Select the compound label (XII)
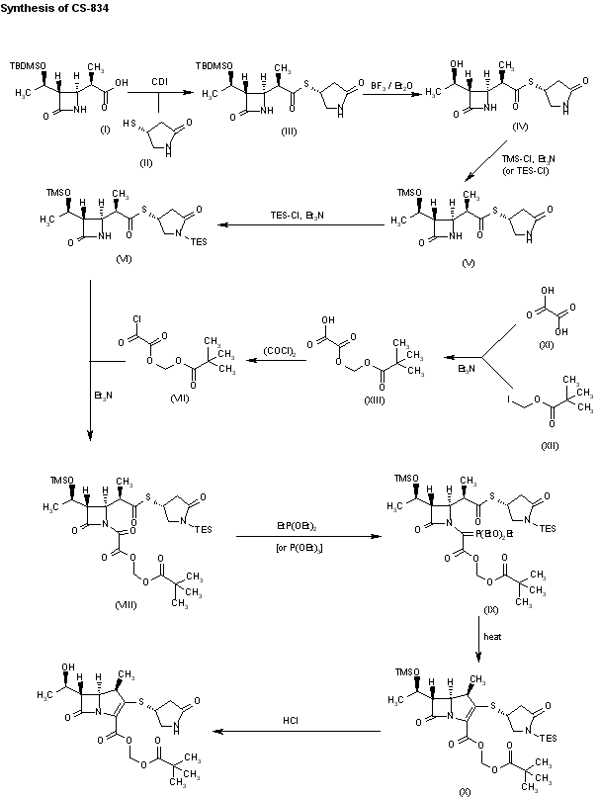pyautogui.click(x=550, y=446)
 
